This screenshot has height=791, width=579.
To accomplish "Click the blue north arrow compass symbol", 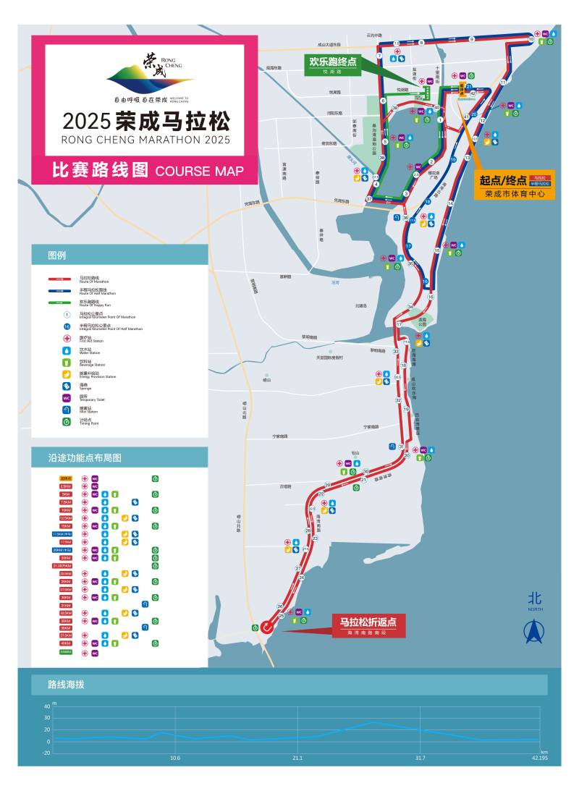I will tap(534, 632).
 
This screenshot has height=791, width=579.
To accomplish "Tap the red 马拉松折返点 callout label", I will tap(368, 625).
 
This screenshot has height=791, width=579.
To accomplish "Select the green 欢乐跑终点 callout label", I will tap(333, 64).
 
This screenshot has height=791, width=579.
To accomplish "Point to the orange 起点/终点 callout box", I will tap(515, 185).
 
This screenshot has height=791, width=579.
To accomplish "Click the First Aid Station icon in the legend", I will tap(66, 339).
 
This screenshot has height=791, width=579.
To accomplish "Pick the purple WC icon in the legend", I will tap(66, 397).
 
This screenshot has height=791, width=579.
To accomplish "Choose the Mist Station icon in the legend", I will tap(66, 409).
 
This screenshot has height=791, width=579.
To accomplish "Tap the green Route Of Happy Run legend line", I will tap(59, 303).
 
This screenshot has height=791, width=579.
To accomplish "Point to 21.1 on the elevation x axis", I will tap(297, 758).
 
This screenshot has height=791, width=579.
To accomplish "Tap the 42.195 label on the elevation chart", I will tap(539, 758).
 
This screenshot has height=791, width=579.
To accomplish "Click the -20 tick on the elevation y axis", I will tap(46, 753).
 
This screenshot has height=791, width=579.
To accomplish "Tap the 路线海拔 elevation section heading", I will tap(67, 684).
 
